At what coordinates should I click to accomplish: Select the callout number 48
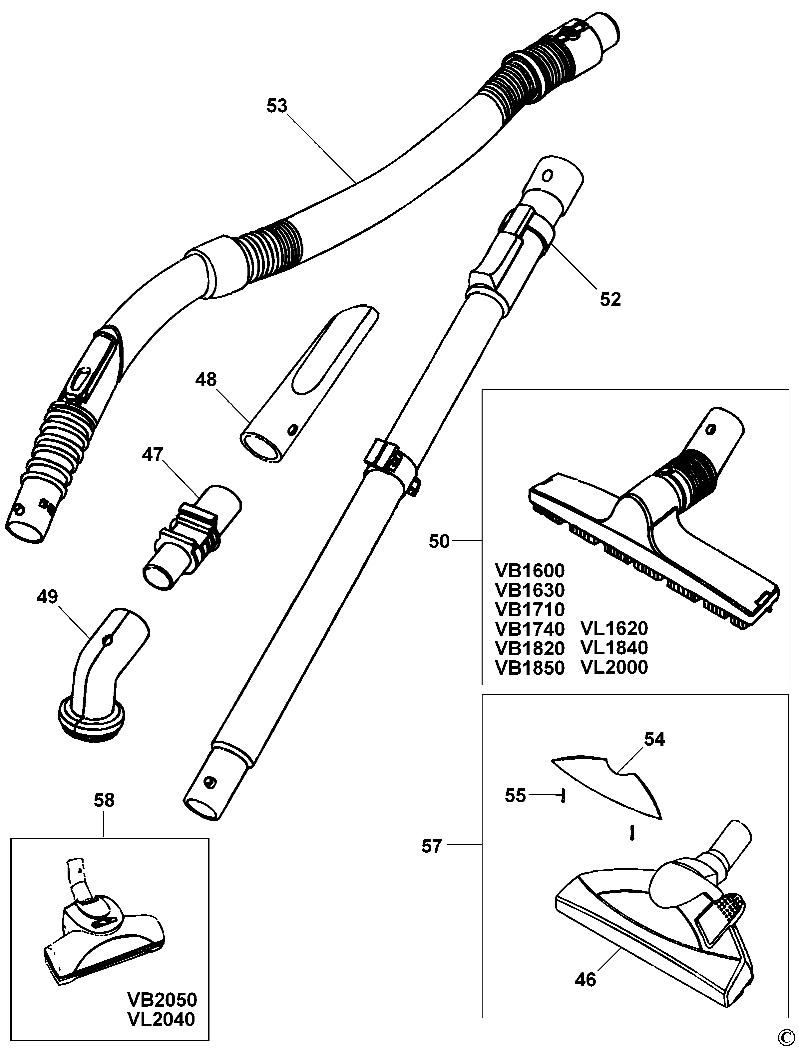[x=206, y=380]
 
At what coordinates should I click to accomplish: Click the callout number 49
[x=47, y=597]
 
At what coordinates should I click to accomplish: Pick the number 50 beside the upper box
[x=439, y=542]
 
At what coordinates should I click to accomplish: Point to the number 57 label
[x=432, y=846]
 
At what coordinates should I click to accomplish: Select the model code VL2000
[x=614, y=667]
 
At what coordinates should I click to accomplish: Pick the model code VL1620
[x=614, y=629]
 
